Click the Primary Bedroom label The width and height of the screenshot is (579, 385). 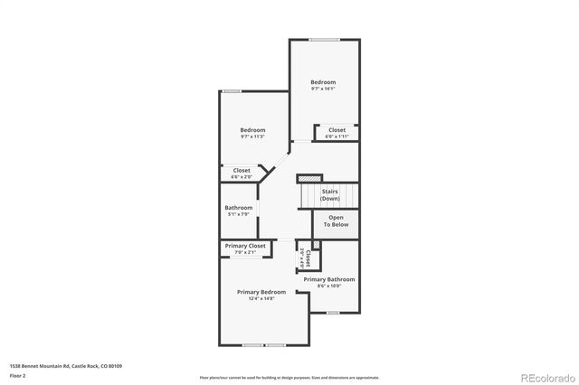261,292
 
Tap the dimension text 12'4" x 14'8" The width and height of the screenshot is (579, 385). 261,298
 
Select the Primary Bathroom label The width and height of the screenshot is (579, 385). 329,279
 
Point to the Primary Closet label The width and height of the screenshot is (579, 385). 245,246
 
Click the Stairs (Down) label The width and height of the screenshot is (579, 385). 330,194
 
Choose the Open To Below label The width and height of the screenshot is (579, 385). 336,221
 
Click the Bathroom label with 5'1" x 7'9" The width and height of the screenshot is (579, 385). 239,208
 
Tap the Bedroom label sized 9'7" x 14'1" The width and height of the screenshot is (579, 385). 323,82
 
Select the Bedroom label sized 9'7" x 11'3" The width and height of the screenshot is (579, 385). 252,130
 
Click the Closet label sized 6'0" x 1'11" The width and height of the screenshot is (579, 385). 337,130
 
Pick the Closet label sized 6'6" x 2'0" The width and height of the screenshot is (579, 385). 242,170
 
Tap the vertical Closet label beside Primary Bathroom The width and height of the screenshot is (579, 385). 308,259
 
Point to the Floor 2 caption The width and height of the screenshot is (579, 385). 16,375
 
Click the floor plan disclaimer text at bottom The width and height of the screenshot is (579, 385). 289,376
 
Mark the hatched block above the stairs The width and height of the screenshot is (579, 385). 309,178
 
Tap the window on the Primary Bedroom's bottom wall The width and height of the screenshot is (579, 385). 263,345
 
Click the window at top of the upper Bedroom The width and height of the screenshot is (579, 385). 324,40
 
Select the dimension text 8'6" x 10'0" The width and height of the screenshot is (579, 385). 329,286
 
